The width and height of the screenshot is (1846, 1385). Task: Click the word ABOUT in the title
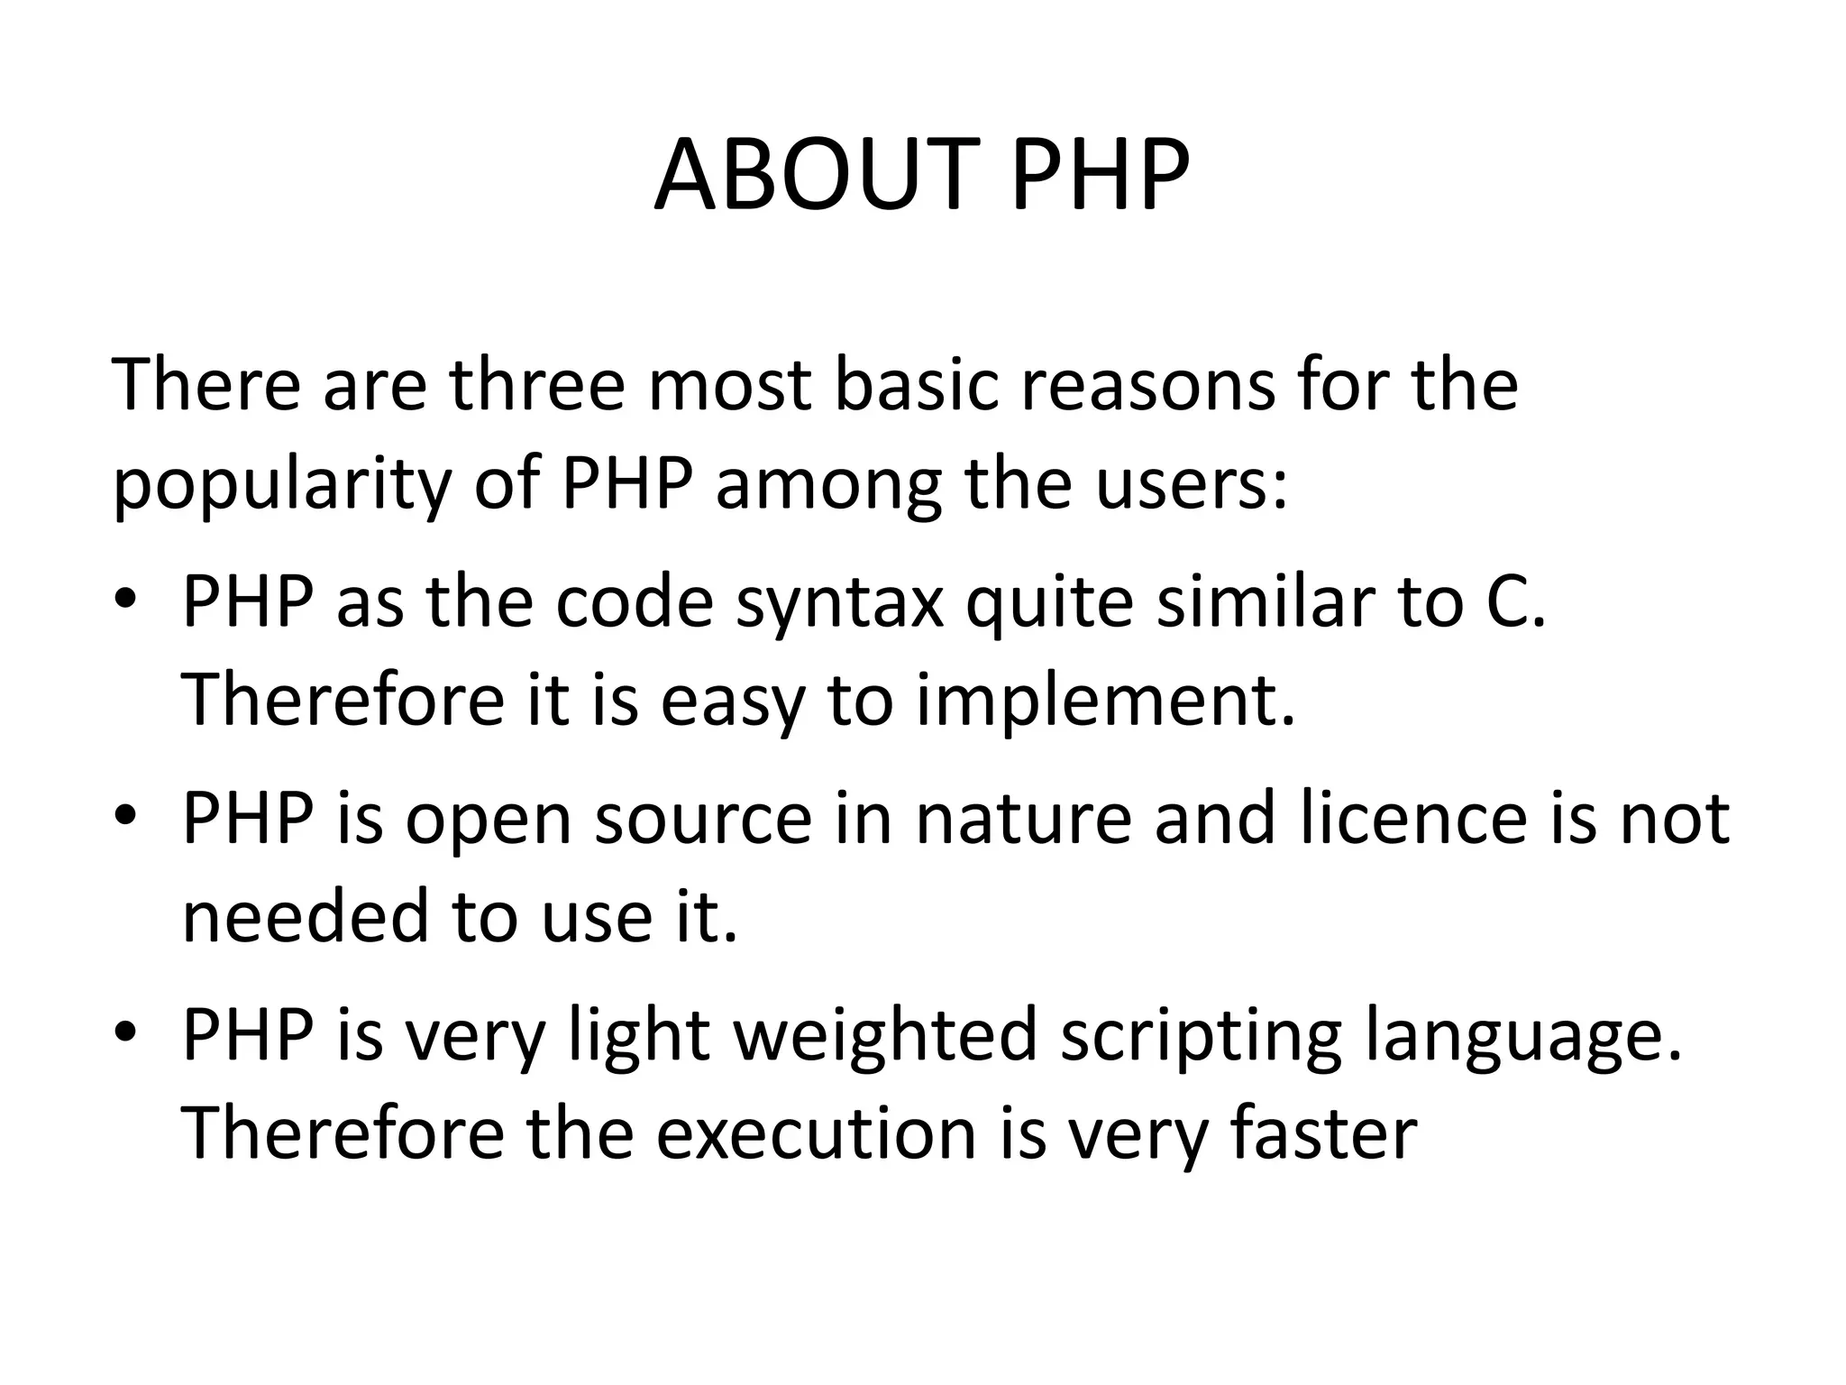[816, 176]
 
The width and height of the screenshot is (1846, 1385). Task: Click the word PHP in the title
[1100, 176]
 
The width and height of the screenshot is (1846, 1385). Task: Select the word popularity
[281, 487]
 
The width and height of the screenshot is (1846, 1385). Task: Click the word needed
[305, 917]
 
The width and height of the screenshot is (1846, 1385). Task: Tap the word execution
[816, 1133]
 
